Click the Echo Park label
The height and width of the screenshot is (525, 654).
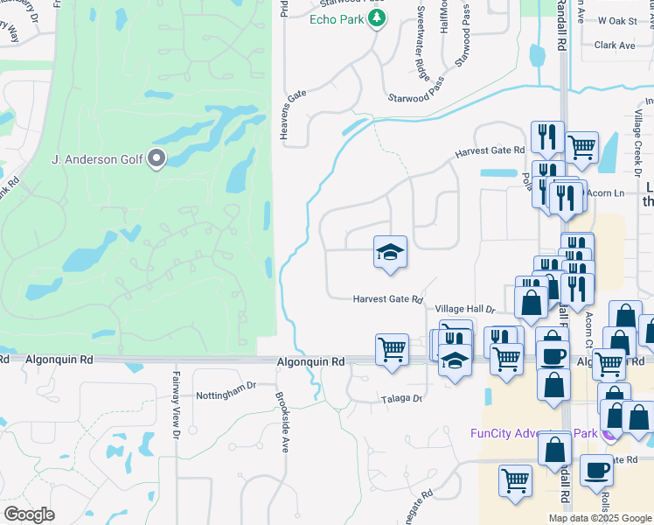[338, 19]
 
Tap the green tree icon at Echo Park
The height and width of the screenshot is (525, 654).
[377, 18]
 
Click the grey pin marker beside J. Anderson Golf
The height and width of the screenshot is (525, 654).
[157, 158]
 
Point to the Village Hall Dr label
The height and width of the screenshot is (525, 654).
[465, 310]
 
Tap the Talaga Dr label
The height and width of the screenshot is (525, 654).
[401, 398]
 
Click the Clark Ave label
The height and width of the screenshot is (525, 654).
[615, 45]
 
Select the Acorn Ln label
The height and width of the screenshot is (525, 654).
[607, 192]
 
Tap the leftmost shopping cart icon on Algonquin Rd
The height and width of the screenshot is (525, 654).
[392, 348]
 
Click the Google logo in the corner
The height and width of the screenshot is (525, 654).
[29, 514]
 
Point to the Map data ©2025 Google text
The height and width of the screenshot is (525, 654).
[600, 518]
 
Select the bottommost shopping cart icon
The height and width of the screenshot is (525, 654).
[516, 479]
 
